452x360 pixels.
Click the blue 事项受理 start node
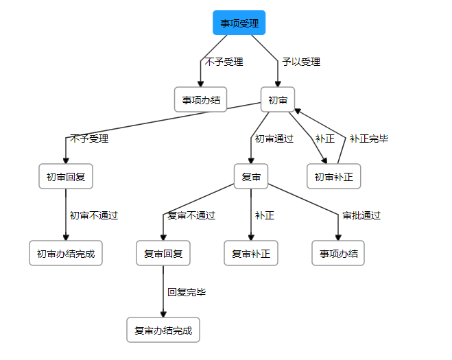239,23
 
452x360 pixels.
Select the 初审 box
277,100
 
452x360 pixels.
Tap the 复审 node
251,177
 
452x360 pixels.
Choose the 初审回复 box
66,177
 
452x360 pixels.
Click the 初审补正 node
333,177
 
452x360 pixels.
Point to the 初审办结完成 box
66,254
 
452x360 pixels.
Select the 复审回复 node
163,254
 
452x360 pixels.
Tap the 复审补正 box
251,254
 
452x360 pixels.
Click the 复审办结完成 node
163,331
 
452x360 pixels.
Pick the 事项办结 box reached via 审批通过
338,254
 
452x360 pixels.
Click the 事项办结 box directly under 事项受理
200,100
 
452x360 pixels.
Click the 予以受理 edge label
301,62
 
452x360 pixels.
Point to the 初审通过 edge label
274,139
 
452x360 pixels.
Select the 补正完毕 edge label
369,139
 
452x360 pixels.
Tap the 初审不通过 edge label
94,215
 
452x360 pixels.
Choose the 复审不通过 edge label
191,215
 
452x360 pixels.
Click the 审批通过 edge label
361,215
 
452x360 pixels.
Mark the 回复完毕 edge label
187,292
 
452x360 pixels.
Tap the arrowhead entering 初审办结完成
66,237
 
